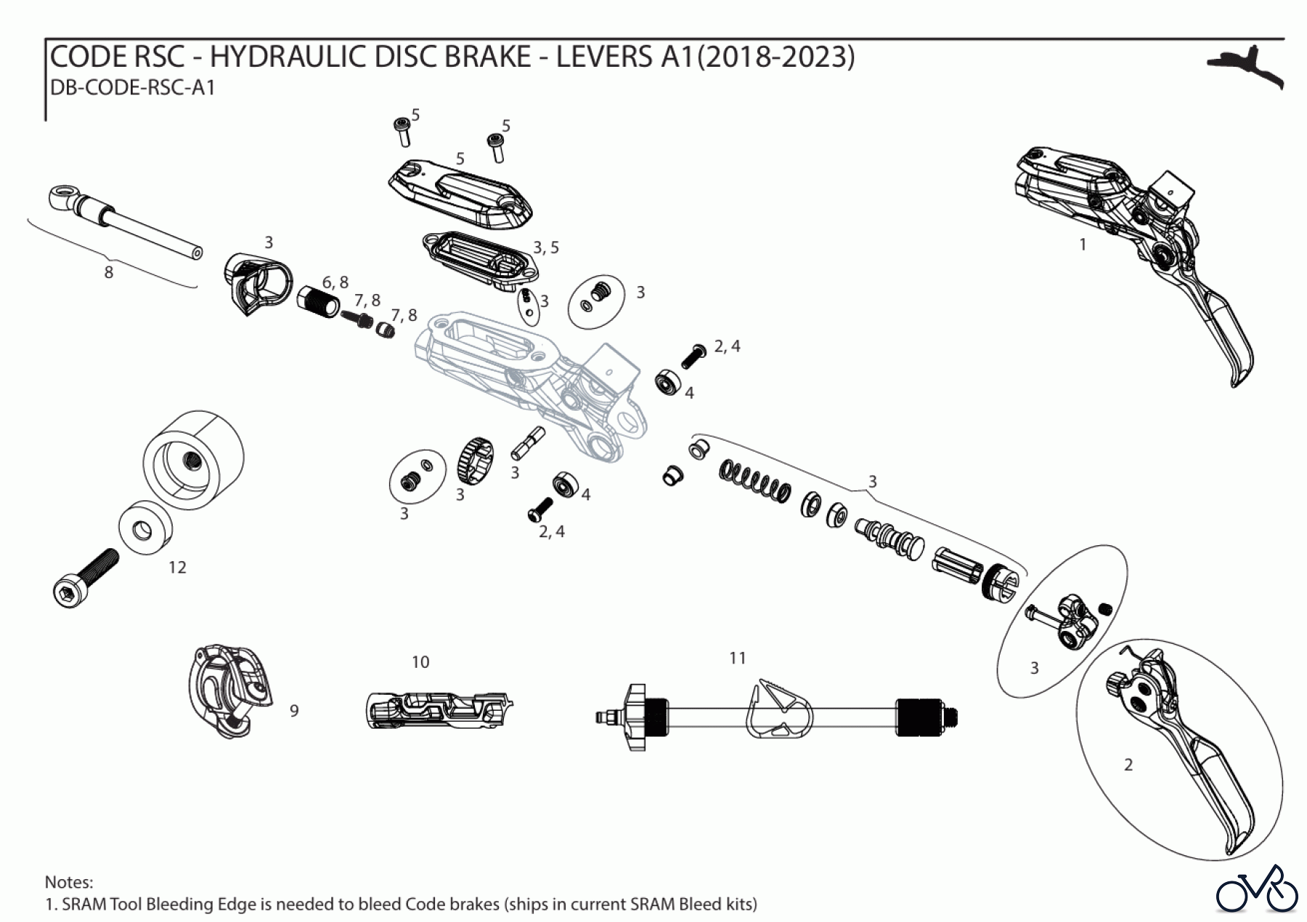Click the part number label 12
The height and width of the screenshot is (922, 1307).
point(177,567)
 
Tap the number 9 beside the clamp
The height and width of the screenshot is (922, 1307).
point(294,710)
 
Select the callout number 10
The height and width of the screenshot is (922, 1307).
point(420,662)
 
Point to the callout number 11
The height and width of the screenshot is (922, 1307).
point(738,658)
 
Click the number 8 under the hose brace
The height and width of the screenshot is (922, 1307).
point(109,272)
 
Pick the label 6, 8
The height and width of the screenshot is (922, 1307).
point(335,282)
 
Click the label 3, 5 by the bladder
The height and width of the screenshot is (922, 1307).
point(546,248)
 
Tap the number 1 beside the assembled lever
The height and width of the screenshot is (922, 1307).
point(1083,245)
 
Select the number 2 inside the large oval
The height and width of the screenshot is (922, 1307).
point(1128,764)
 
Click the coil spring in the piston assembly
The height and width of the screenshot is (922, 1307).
point(754,481)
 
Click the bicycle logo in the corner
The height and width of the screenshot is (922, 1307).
point(1257,889)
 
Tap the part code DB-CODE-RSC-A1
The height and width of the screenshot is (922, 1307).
point(132,88)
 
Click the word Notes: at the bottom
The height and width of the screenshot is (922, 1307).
point(69,882)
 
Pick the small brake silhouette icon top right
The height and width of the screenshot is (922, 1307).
point(1246,68)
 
